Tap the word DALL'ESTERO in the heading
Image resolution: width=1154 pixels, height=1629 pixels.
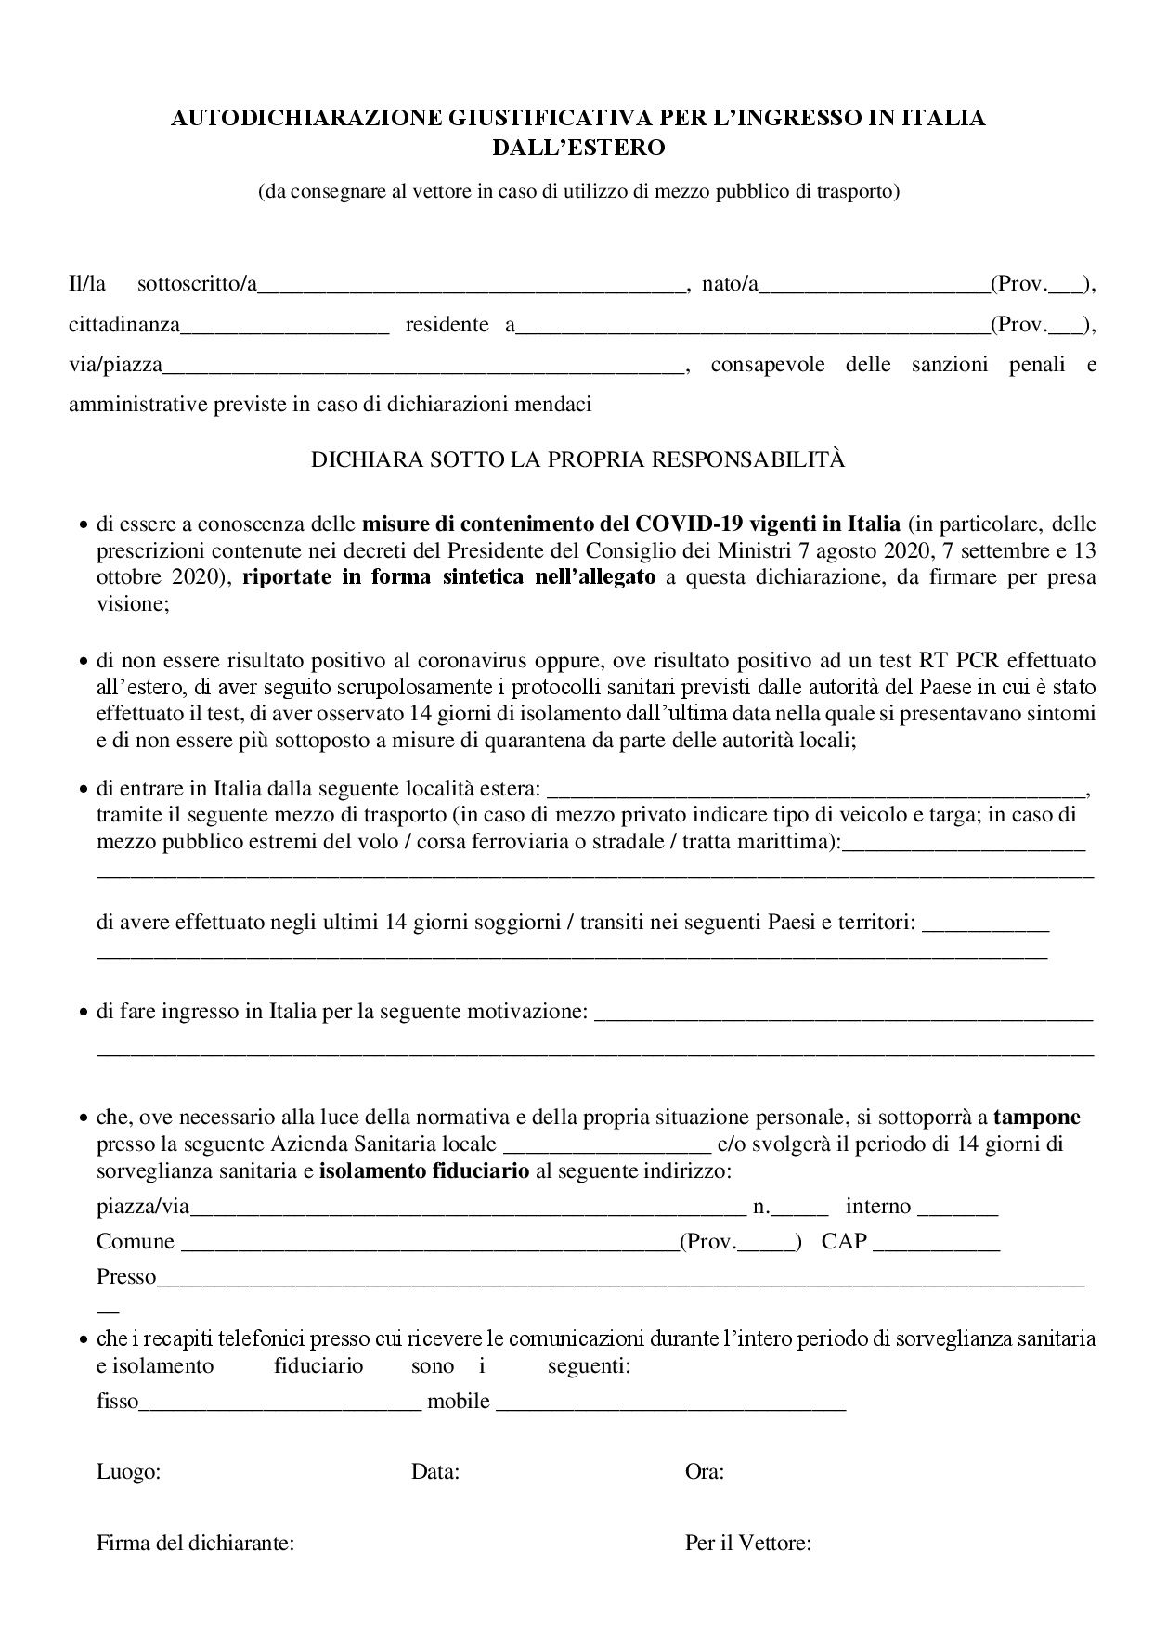pyautogui.click(x=578, y=147)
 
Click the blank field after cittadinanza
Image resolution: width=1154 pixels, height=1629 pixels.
pyautogui.click(x=284, y=326)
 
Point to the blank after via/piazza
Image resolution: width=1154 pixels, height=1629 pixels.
pyautogui.click(x=422, y=366)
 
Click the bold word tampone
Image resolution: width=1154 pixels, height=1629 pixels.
pyautogui.click(x=1036, y=1117)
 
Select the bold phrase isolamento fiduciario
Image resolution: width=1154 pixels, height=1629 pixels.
pyautogui.click(x=424, y=1170)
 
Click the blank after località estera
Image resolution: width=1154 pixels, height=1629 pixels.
pyautogui.click(x=816, y=791)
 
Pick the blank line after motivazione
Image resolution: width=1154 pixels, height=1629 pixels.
pyautogui.click(x=843, y=1013)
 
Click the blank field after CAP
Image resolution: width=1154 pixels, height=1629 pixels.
pyautogui.click(x=937, y=1243)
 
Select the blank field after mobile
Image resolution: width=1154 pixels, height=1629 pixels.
pyautogui.click(x=671, y=1402)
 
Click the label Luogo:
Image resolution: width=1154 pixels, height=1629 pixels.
pyautogui.click(x=129, y=1471)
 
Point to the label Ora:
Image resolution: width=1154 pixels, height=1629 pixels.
pyautogui.click(x=705, y=1471)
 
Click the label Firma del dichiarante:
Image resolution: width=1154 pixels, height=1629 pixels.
pyautogui.click(x=195, y=1544)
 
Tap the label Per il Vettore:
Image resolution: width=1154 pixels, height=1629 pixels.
pyautogui.click(x=748, y=1544)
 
